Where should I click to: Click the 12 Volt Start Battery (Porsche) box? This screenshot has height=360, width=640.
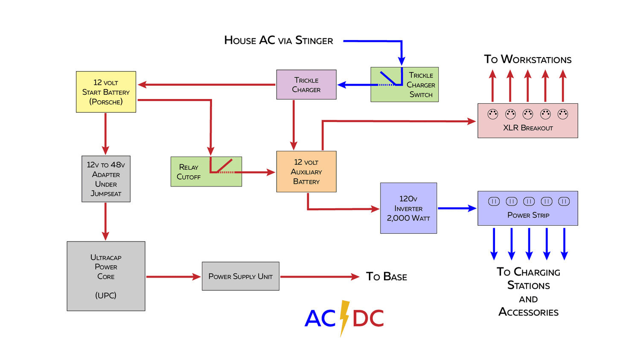click(x=106, y=92)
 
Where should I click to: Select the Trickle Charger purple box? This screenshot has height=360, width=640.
click(x=306, y=84)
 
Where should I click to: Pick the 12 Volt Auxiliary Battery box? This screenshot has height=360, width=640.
click(x=306, y=171)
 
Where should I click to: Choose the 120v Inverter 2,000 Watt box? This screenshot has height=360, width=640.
click(x=408, y=208)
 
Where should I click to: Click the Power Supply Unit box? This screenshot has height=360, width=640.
click(x=240, y=276)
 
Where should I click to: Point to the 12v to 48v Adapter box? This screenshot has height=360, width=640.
click(x=106, y=179)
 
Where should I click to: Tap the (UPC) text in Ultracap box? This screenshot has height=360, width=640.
click(x=106, y=295)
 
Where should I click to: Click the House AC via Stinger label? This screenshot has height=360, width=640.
click(x=279, y=41)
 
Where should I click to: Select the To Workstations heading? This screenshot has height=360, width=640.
click(x=527, y=59)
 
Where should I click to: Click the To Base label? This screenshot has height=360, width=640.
click(x=386, y=277)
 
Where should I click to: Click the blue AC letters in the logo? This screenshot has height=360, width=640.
click(x=320, y=319)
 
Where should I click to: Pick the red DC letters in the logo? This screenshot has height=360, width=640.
click(x=368, y=319)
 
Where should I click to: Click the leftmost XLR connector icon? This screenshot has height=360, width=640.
click(x=493, y=114)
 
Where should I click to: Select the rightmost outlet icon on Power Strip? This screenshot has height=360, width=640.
click(x=564, y=201)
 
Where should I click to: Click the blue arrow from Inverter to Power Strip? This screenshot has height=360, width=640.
click(x=457, y=208)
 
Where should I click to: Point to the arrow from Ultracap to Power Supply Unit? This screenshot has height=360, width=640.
click(x=173, y=277)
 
